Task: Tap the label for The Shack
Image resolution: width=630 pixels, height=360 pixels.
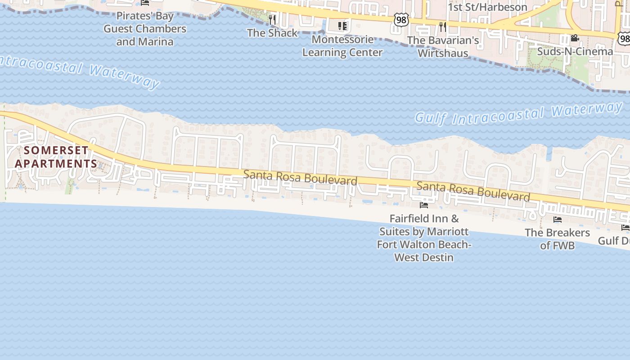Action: pyautogui.click(x=272, y=33)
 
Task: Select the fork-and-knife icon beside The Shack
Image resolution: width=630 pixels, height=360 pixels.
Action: pyautogui.click(x=272, y=19)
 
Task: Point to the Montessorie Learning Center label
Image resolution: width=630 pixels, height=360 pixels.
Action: pyautogui.click(x=342, y=46)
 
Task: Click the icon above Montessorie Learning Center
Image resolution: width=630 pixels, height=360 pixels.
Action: pyautogui.click(x=342, y=26)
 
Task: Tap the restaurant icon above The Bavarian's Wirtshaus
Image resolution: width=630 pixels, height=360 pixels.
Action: pyautogui.click(x=443, y=27)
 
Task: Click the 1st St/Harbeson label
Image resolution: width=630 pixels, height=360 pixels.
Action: pyautogui.click(x=487, y=7)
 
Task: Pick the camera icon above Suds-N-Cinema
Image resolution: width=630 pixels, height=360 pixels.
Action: pyautogui.click(x=574, y=38)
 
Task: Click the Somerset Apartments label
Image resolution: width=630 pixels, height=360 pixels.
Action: pyautogui.click(x=56, y=157)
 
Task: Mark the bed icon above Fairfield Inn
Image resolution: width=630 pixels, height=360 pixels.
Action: pyautogui.click(x=423, y=205)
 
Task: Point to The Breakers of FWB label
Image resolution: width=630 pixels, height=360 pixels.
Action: pyautogui.click(x=558, y=239)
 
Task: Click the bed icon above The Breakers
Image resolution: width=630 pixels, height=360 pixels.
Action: pyautogui.click(x=558, y=220)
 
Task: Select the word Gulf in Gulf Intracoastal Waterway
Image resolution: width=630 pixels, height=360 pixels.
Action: pyautogui.click(x=431, y=118)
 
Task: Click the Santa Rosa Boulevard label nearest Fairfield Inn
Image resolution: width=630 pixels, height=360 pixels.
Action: pyautogui.click(x=473, y=191)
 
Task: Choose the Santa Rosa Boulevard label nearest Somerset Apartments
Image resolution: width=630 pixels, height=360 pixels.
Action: pyautogui.click(x=300, y=177)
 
